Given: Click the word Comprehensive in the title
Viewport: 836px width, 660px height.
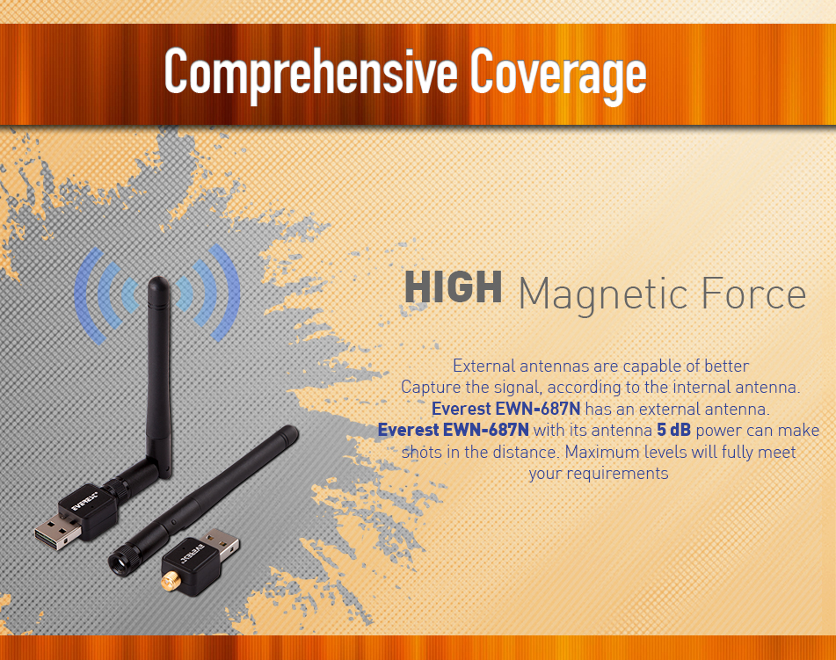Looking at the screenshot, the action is click(x=311, y=73).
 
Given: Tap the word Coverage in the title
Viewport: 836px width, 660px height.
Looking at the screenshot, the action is click(x=558, y=73).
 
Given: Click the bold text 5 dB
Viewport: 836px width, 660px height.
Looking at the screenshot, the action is click(x=673, y=430).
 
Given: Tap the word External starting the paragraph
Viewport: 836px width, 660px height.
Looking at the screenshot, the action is click(x=483, y=366).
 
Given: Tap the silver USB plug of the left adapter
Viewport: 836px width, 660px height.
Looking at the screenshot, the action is click(x=57, y=533).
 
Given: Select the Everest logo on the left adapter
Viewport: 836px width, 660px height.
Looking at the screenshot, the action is click(x=84, y=502).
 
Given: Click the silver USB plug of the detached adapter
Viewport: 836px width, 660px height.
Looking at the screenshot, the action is click(x=222, y=543).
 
